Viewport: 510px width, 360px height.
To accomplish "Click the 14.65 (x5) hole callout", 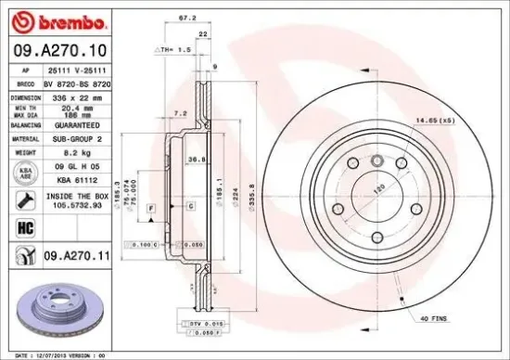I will [433, 119].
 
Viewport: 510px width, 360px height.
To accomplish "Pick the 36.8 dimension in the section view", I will [197, 160].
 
